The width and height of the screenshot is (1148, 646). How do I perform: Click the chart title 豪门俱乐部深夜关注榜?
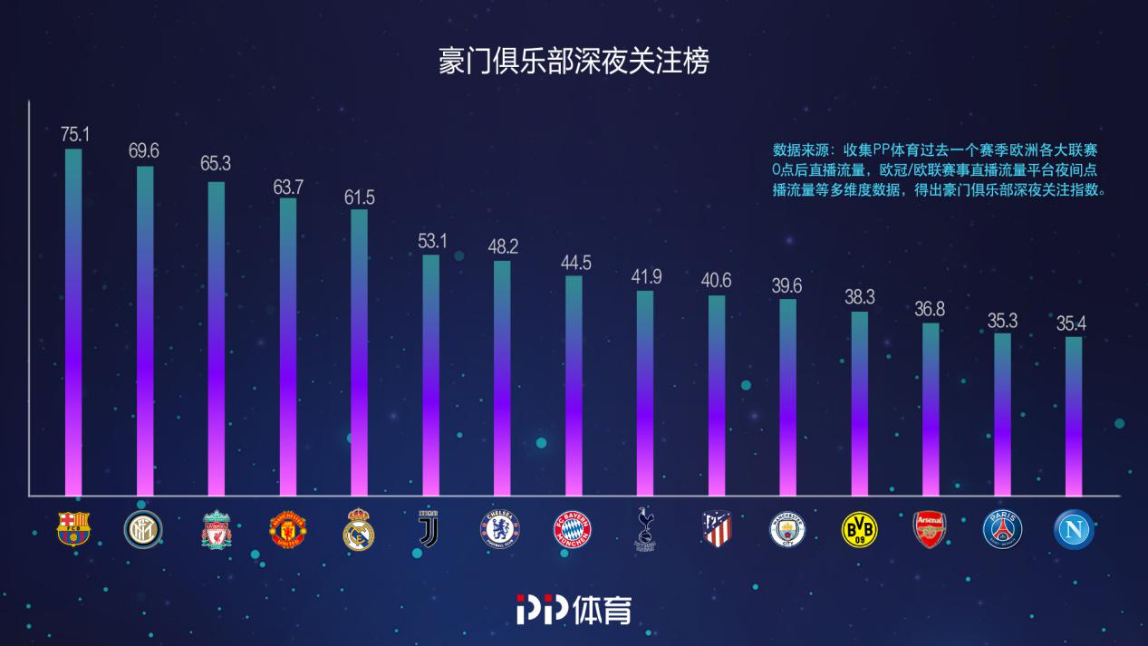point(574,62)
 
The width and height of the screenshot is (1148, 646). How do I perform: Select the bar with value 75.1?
point(73,322)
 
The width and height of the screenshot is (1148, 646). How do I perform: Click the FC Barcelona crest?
point(73,529)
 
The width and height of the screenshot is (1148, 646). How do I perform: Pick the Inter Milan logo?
point(142,529)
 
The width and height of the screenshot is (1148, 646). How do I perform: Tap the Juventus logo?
point(429,529)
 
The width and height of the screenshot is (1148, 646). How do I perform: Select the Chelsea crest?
point(500,529)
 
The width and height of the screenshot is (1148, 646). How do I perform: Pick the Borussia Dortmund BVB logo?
point(860,529)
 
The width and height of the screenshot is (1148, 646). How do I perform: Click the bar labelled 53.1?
point(430,375)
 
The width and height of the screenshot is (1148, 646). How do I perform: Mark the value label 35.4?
point(1074,322)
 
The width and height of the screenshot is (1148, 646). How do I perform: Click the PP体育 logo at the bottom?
point(574,609)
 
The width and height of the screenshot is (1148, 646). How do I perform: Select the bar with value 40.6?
point(717,395)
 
